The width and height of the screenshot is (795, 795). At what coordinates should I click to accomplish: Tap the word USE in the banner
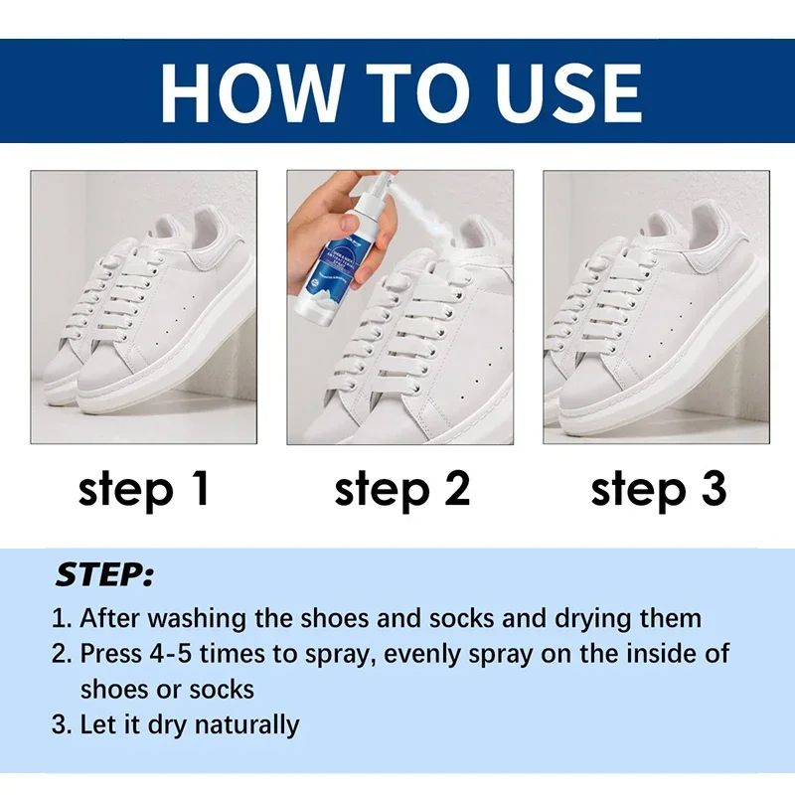556,91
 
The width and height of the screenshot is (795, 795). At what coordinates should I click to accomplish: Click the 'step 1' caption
145,490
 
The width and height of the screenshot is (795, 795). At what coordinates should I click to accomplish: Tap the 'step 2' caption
401,490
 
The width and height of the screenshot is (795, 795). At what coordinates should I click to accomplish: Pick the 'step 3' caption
659,490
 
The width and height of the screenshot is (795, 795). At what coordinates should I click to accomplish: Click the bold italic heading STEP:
104,575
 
